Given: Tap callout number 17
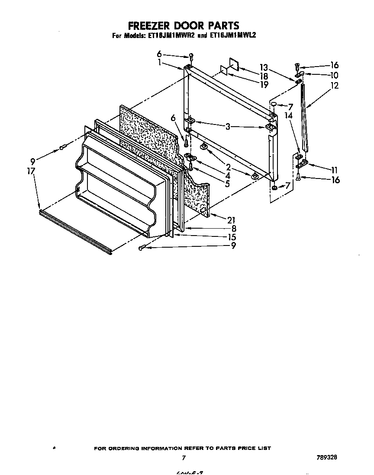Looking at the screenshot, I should (x=30, y=171).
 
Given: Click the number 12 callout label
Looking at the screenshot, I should (x=334, y=86).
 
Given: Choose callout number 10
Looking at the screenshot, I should (x=333, y=75).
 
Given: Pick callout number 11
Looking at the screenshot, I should (x=334, y=170).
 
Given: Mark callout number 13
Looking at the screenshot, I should (x=264, y=67).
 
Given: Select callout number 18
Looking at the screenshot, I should (x=263, y=76).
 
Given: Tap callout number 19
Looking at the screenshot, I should (x=263, y=85).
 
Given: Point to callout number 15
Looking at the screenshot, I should (x=232, y=237).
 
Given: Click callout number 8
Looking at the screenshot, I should (x=233, y=228).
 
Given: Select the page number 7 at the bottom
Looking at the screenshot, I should (x=184, y=458).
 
